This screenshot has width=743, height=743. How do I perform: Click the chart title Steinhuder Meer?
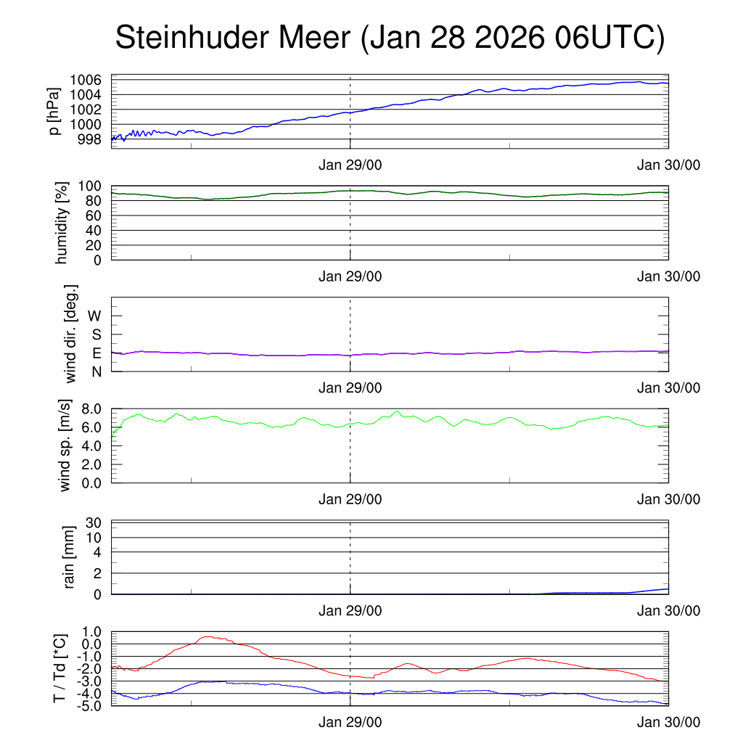pyautogui.click(x=232, y=38)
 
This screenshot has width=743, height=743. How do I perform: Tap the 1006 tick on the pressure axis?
pyautogui.click(x=90, y=80)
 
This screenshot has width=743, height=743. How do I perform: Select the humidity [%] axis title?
pyautogui.click(x=62, y=223)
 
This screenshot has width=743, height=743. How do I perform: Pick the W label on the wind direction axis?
pyautogui.click(x=94, y=316)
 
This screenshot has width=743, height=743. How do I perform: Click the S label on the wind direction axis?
pyautogui.click(x=96, y=334)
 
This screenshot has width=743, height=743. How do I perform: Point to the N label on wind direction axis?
pyautogui.click(x=96, y=371)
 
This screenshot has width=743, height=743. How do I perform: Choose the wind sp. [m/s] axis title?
pyautogui.click(x=66, y=445)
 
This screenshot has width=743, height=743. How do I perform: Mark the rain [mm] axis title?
pyautogui.click(x=70, y=557)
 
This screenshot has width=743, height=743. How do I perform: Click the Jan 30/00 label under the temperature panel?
pyautogui.click(x=668, y=722)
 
